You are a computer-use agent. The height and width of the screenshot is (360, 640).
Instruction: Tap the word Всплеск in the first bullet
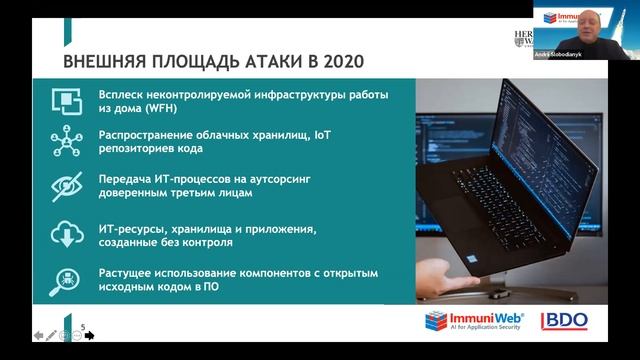124,95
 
